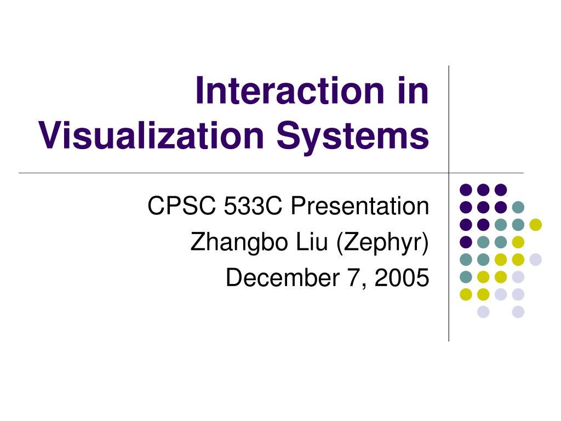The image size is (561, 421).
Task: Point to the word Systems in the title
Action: [x=352, y=136]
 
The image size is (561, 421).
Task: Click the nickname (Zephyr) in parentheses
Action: [x=382, y=242]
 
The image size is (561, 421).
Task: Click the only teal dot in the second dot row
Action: [x=518, y=207]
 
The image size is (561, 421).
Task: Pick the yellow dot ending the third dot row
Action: [x=535, y=224]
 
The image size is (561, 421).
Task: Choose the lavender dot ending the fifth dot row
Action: [x=535, y=259]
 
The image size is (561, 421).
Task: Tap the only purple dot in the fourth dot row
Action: [x=466, y=242]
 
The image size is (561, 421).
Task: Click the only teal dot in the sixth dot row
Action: [x=466, y=277]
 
